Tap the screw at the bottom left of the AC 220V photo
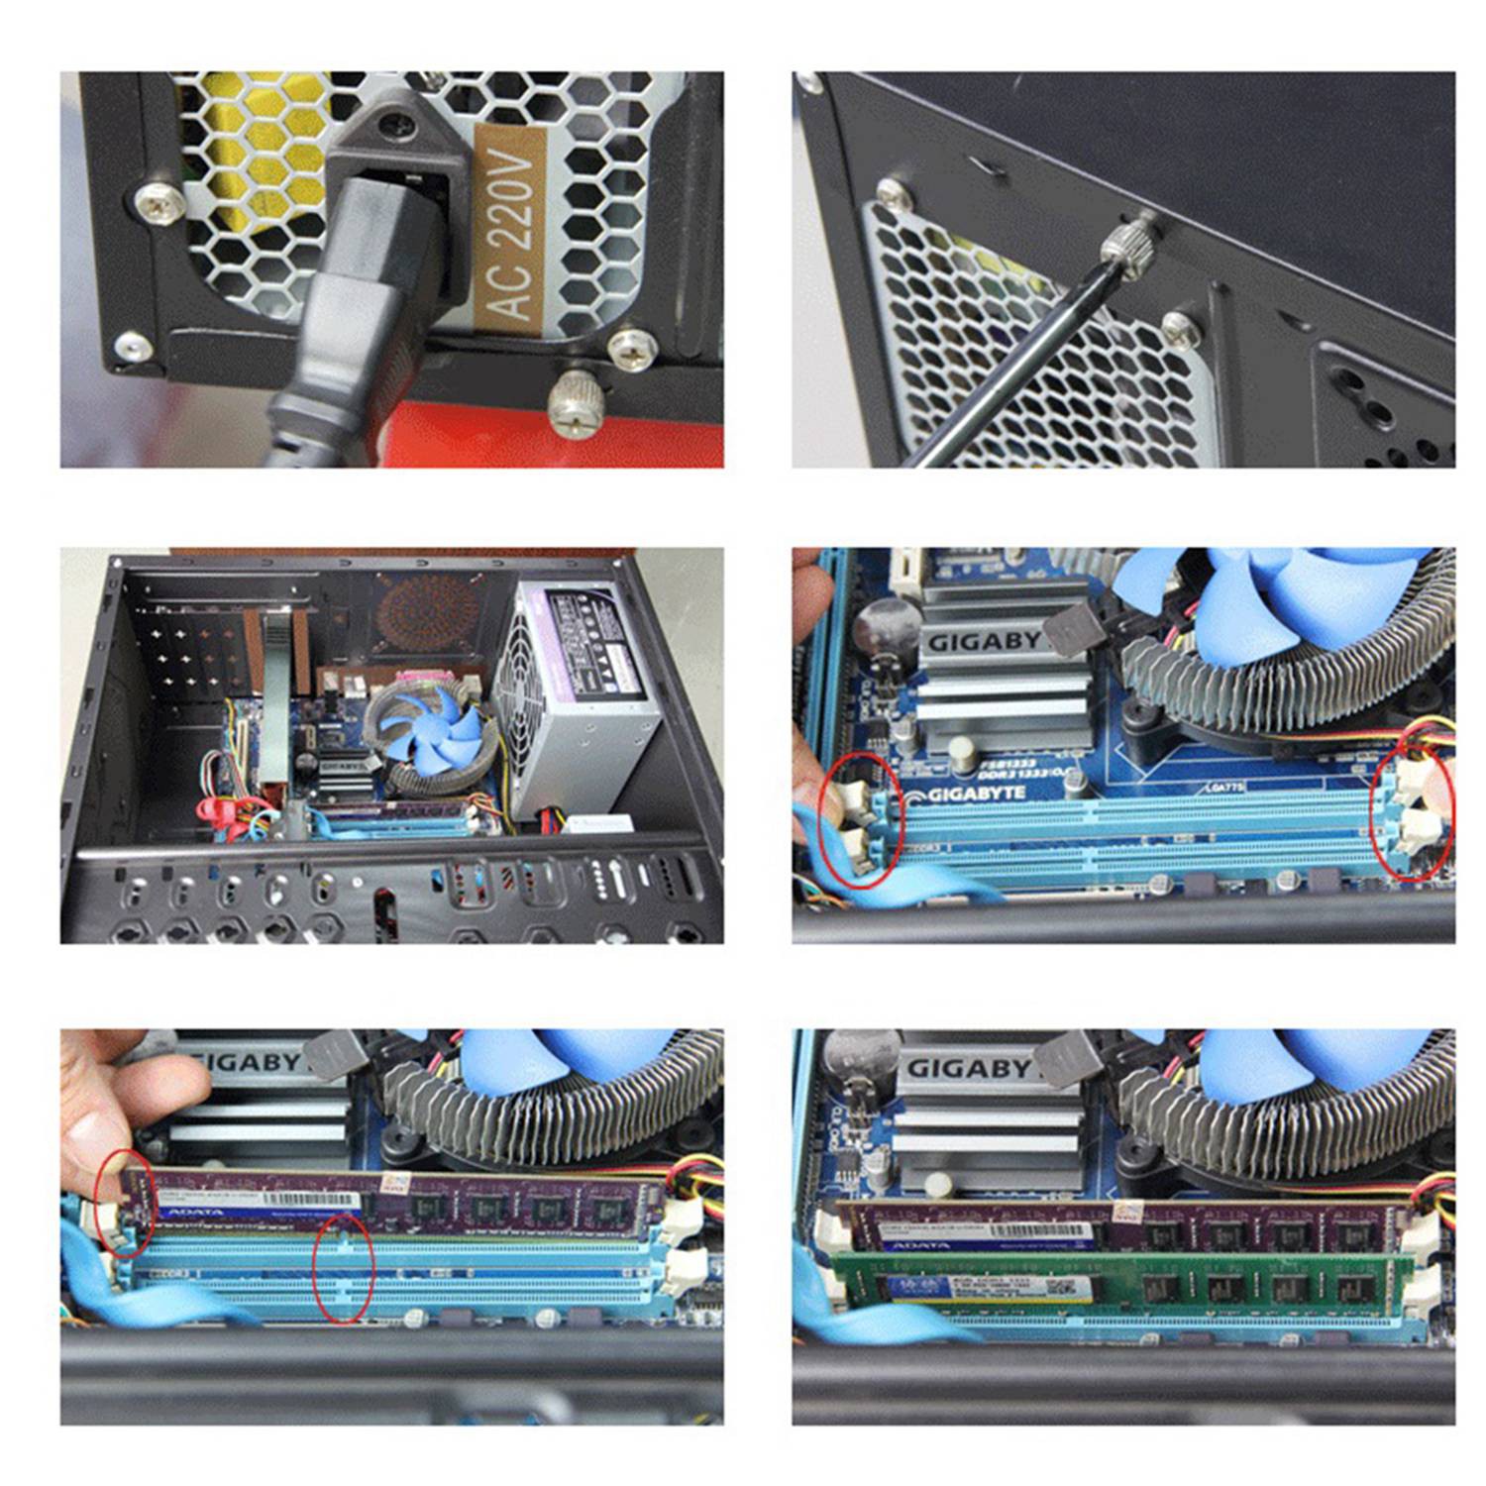tap(132, 346)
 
